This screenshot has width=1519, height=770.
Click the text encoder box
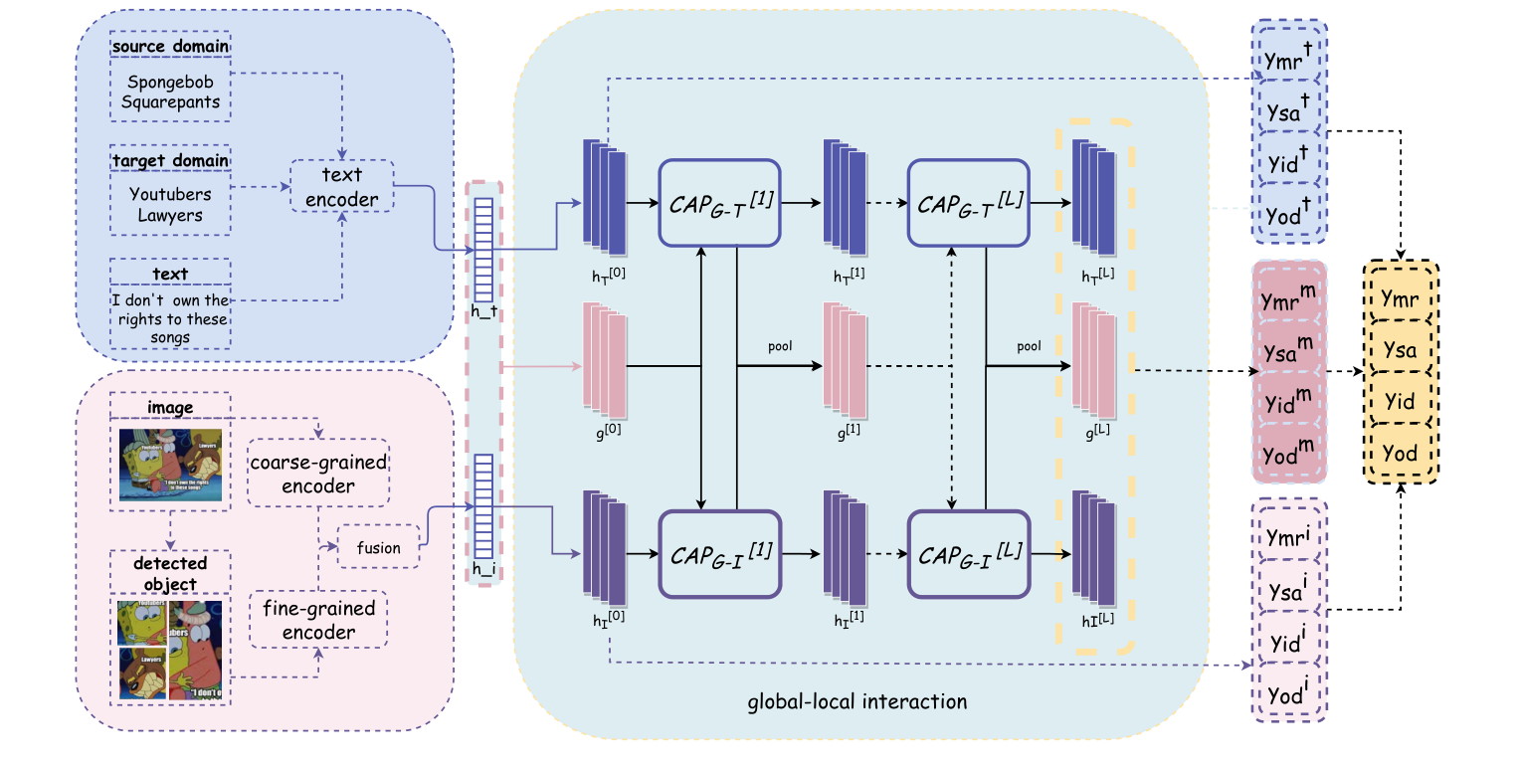click(341, 186)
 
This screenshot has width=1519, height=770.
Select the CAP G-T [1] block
click(718, 203)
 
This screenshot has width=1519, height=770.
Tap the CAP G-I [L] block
click(968, 553)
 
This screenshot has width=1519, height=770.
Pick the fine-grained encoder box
click(319, 619)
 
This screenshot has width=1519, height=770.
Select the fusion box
click(379, 546)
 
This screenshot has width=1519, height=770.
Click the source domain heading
click(170, 46)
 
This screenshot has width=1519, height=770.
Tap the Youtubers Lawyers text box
click(170, 204)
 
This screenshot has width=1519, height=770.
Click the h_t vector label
click(483, 312)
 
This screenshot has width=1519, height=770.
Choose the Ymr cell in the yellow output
click(1399, 298)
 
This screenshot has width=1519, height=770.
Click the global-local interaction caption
click(856, 701)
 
